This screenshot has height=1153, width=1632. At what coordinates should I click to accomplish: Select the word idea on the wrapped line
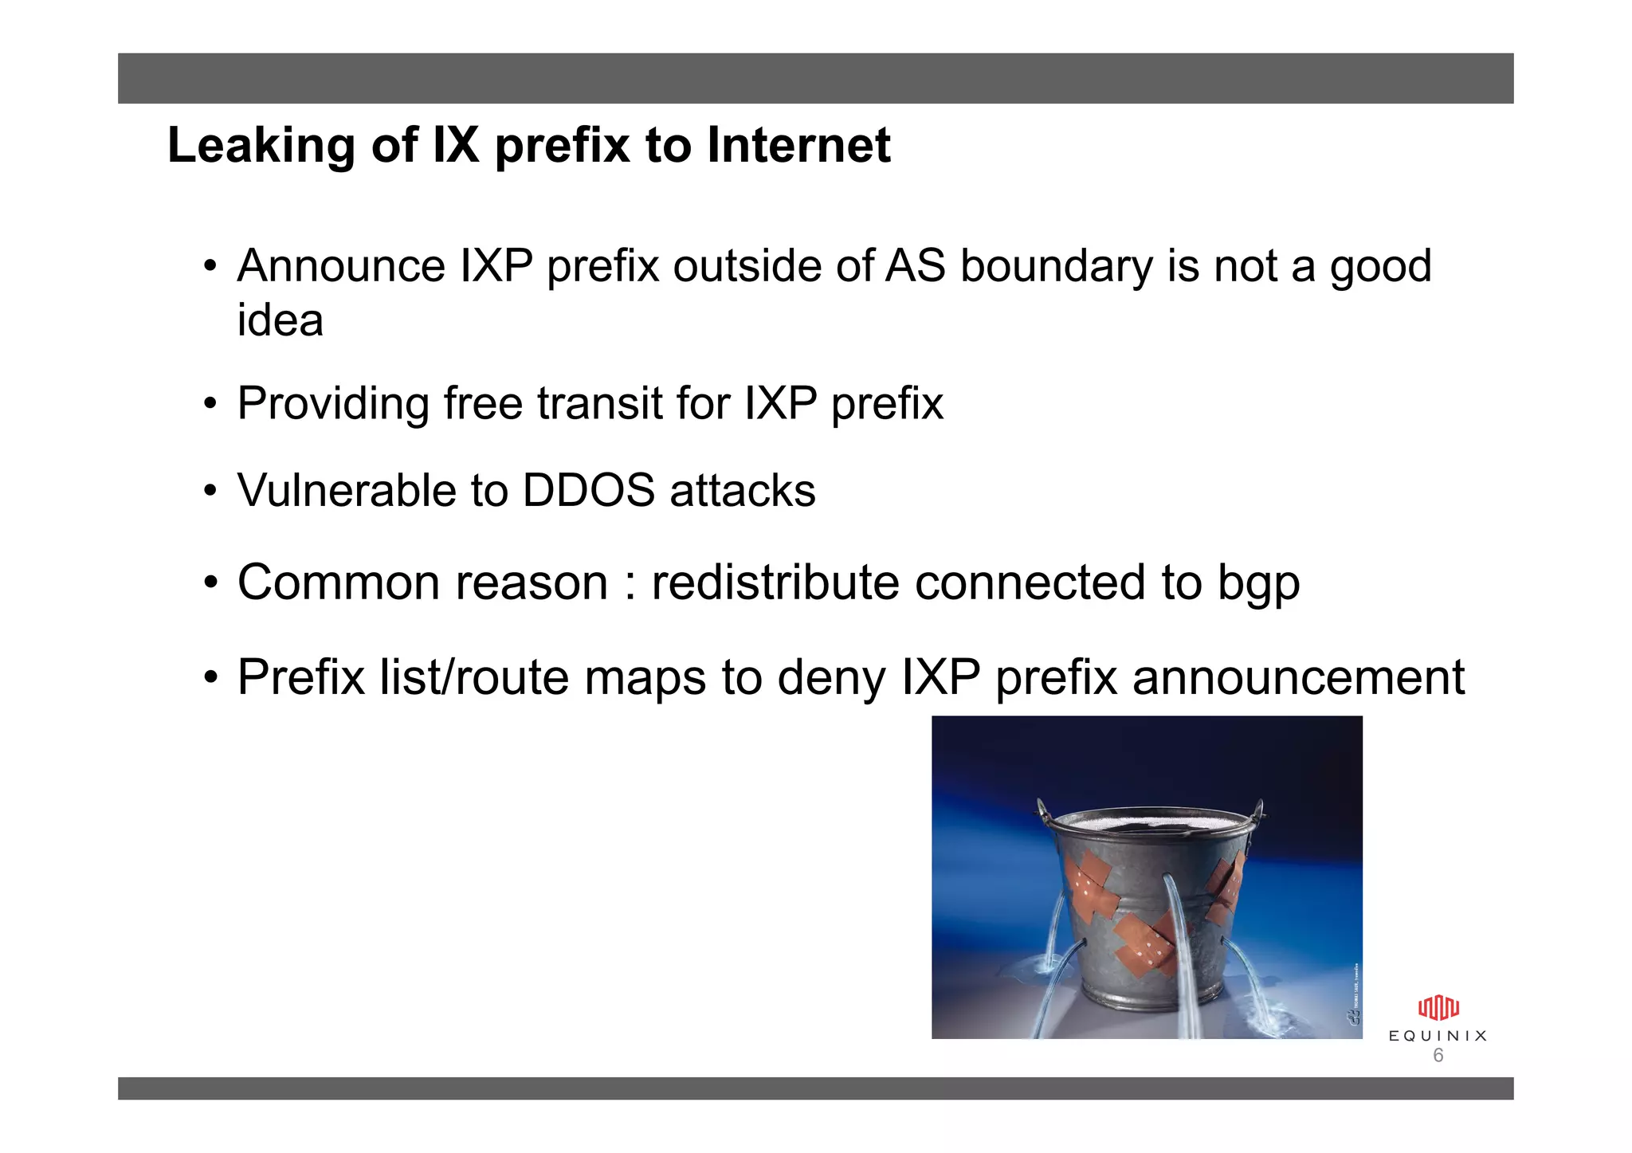click(280, 321)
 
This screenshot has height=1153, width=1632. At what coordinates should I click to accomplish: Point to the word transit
click(599, 403)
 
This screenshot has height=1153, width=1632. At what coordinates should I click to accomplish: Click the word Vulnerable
click(347, 490)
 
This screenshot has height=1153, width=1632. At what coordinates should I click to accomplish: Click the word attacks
click(743, 490)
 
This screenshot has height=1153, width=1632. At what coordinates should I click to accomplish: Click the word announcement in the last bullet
click(1297, 678)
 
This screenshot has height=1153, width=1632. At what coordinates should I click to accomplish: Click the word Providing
click(333, 404)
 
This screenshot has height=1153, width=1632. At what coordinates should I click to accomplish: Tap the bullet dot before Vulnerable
click(210, 490)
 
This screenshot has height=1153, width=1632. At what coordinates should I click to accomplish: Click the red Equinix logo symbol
click(1438, 1008)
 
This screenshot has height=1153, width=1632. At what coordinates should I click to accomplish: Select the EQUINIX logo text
click(1438, 1036)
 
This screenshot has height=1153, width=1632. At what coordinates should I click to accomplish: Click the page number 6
click(1438, 1056)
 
